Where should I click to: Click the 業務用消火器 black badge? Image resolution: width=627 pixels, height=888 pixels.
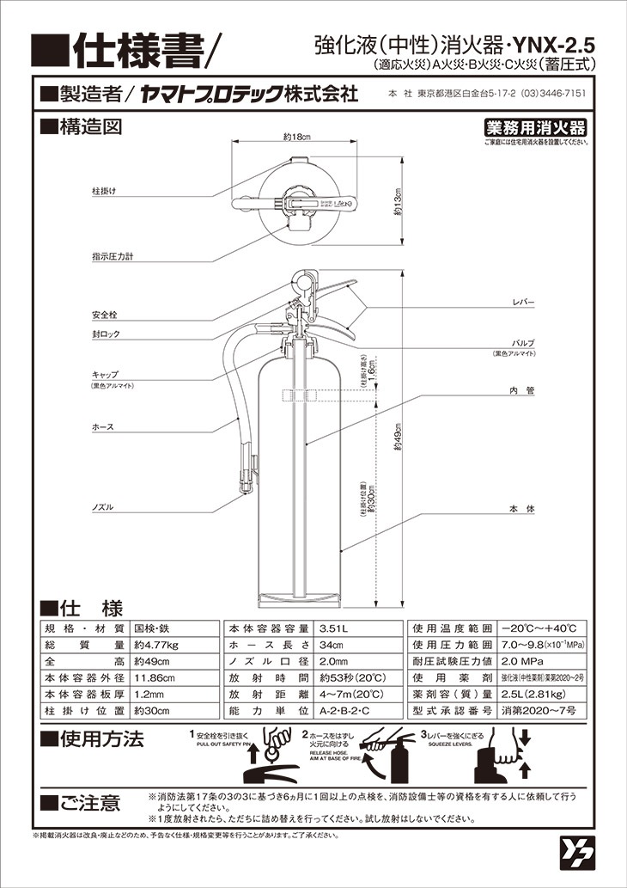536,128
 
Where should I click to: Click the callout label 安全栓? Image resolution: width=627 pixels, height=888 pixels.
104,313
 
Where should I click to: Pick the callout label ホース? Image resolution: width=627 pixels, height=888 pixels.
102,426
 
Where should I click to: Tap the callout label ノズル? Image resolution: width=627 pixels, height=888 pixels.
102,508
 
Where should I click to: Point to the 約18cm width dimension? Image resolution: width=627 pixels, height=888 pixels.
295,138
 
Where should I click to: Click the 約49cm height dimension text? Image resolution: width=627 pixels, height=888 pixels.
398,446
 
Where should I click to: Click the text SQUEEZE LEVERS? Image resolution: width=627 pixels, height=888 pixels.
450,746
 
